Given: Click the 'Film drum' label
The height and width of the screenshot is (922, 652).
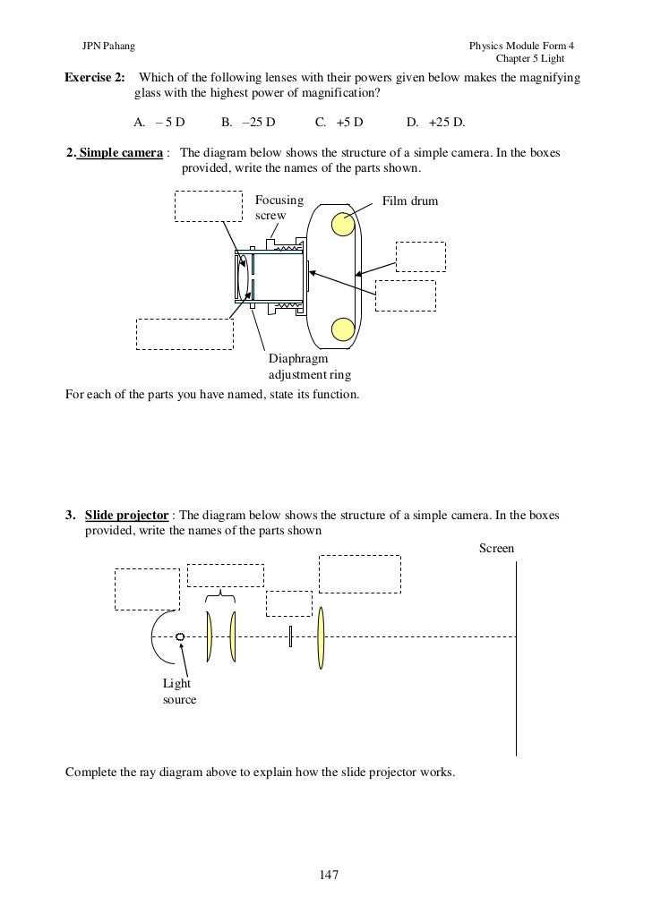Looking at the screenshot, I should pyautogui.click(x=410, y=201).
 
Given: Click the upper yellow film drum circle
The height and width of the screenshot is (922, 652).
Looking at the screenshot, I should pyautogui.click(x=343, y=225).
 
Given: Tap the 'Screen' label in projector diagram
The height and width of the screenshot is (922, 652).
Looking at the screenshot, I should pyautogui.click(x=496, y=547).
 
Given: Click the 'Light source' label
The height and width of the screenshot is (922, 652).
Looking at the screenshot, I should pyautogui.click(x=178, y=691).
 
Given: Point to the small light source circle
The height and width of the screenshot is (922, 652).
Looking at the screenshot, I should pyautogui.click(x=181, y=636).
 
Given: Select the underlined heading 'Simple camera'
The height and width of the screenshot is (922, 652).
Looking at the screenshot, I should pyautogui.click(x=121, y=153).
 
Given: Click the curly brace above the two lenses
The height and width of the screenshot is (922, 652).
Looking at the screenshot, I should pyautogui.click(x=220, y=597).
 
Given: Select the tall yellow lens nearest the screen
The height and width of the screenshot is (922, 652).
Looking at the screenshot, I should pyautogui.click(x=321, y=636).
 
